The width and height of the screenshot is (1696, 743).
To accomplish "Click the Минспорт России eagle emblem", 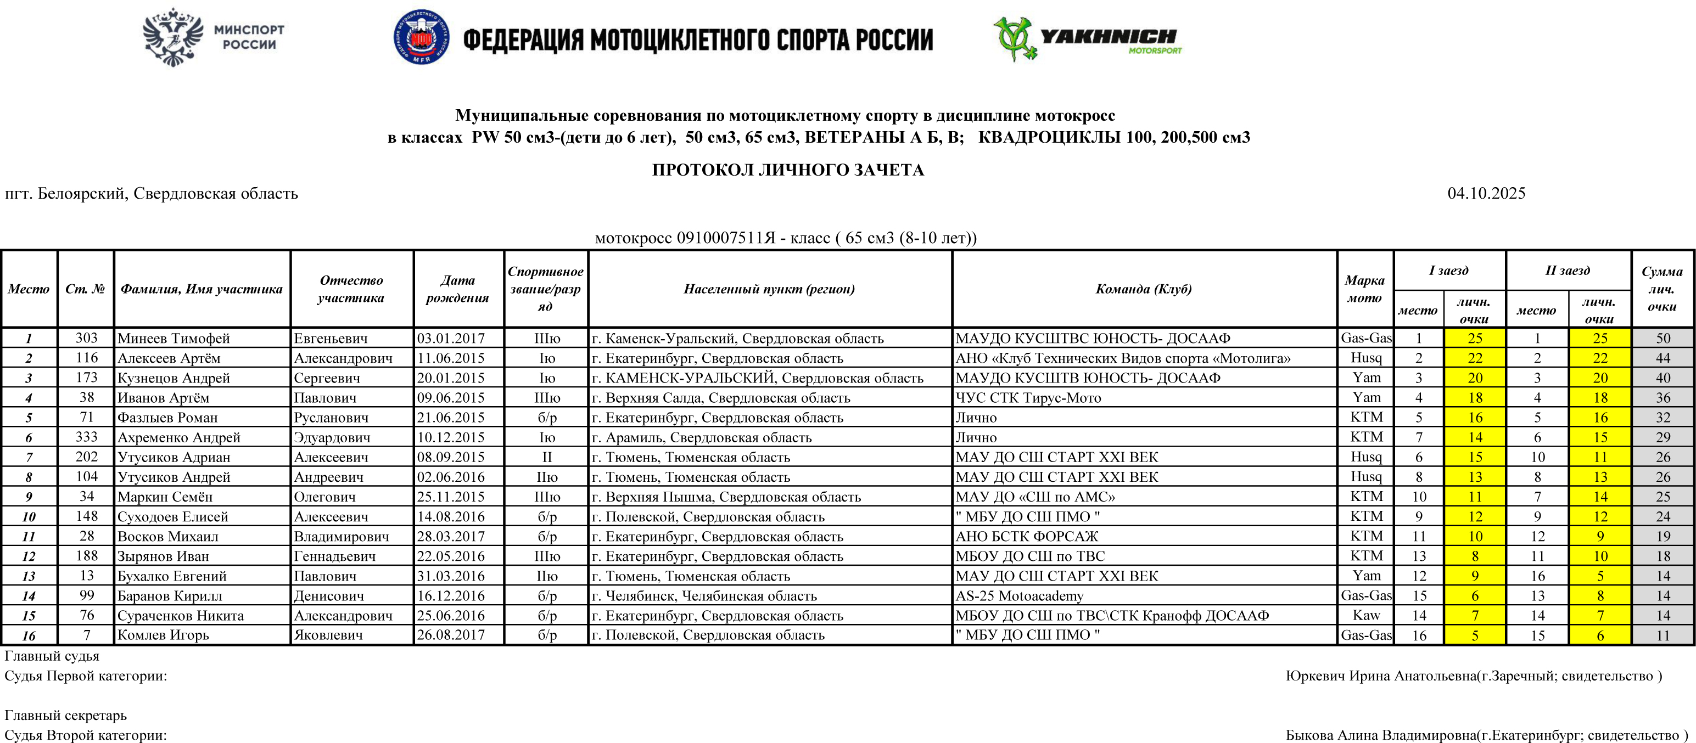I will click(172, 37).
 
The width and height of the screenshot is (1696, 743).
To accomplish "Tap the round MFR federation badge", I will click(421, 37).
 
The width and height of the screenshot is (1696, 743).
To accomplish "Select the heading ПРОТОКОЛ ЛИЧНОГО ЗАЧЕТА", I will click(788, 170).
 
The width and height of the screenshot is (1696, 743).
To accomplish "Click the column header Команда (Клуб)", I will click(1144, 289).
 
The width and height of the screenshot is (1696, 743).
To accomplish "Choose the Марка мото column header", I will click(1364, 289).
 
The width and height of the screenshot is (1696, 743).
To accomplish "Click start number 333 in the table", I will click(86, 437).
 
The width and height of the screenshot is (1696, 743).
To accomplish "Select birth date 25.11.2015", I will click(451, 497).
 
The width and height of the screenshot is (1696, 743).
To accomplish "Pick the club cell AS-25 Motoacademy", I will click(1019, 595).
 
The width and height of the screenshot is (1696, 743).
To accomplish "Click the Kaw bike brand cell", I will click(1366, 615).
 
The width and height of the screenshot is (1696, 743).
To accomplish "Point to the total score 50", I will click(1663, 338).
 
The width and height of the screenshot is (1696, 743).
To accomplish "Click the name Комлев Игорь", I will click(163, 635).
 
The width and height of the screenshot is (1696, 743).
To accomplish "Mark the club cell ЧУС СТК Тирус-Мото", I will click(1028, 397).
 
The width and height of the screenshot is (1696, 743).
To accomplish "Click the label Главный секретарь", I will click(66, 716).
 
